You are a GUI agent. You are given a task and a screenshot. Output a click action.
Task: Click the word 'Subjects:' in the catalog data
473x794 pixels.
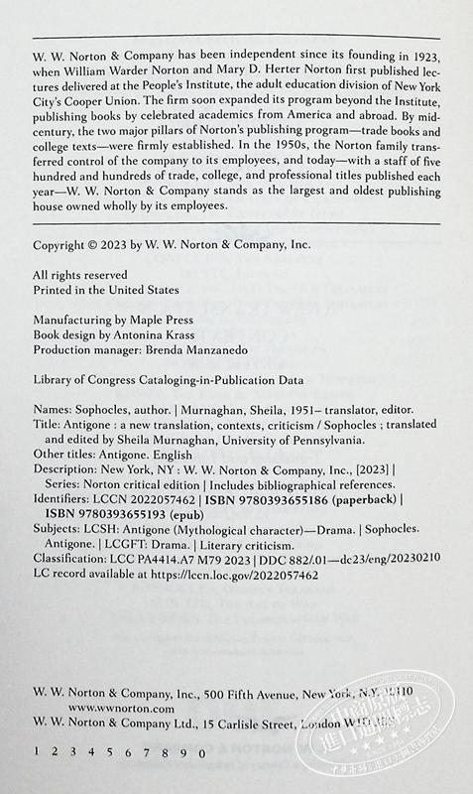tap(55, 533)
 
